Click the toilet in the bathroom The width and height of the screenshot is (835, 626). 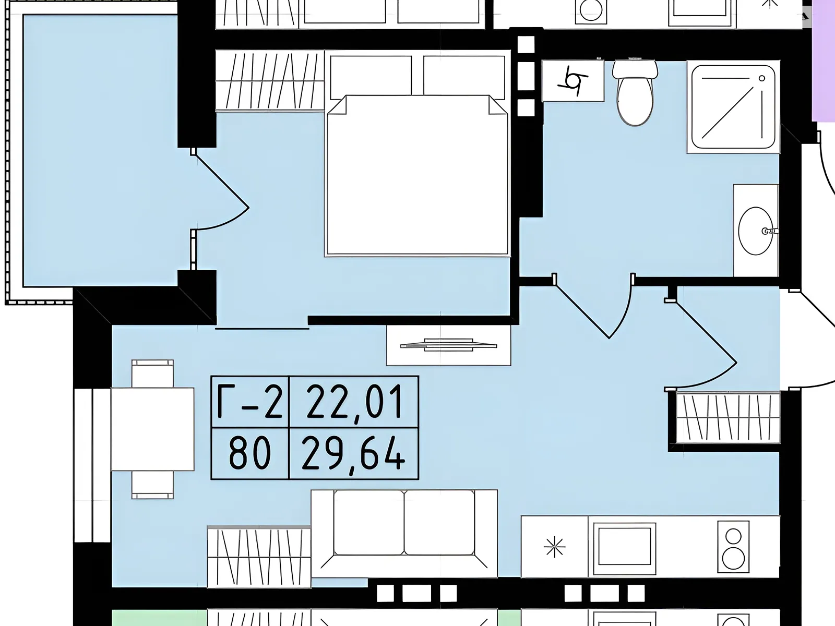[635, 93]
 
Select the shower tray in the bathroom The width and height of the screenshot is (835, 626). [733, 107]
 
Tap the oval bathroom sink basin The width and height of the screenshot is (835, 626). [756, 231]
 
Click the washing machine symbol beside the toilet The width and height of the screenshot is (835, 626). [573, 80]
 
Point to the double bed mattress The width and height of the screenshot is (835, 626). [417, 175]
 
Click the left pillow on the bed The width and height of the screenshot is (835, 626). [371, 77]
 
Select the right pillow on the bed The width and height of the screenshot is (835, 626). [464, 77]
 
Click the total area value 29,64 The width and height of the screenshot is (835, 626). [353, 453]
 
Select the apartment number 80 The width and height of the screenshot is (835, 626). [250, 453]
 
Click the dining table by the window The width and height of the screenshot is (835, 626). [152, 429]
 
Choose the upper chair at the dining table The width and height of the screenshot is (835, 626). [152, 374]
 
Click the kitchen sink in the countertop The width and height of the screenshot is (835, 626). [624, 546]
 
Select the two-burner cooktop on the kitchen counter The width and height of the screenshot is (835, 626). [733, 547]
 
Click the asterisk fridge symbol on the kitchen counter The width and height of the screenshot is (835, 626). [555, 547]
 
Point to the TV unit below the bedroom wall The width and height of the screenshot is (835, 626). [448, 345]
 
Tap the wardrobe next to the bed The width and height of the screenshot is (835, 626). [270, 80]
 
